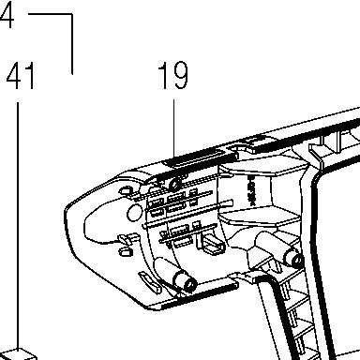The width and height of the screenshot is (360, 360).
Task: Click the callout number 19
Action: point(173,75)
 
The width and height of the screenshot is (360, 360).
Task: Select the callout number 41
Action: point(21,76)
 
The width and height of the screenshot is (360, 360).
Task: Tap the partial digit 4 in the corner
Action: point(7,14)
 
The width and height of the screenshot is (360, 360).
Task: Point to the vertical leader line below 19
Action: point(173,128)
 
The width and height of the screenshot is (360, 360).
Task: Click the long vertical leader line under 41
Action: point(18,225)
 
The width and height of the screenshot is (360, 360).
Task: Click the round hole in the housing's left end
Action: point(135,213)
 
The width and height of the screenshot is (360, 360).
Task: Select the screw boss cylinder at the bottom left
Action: point(185,280)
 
